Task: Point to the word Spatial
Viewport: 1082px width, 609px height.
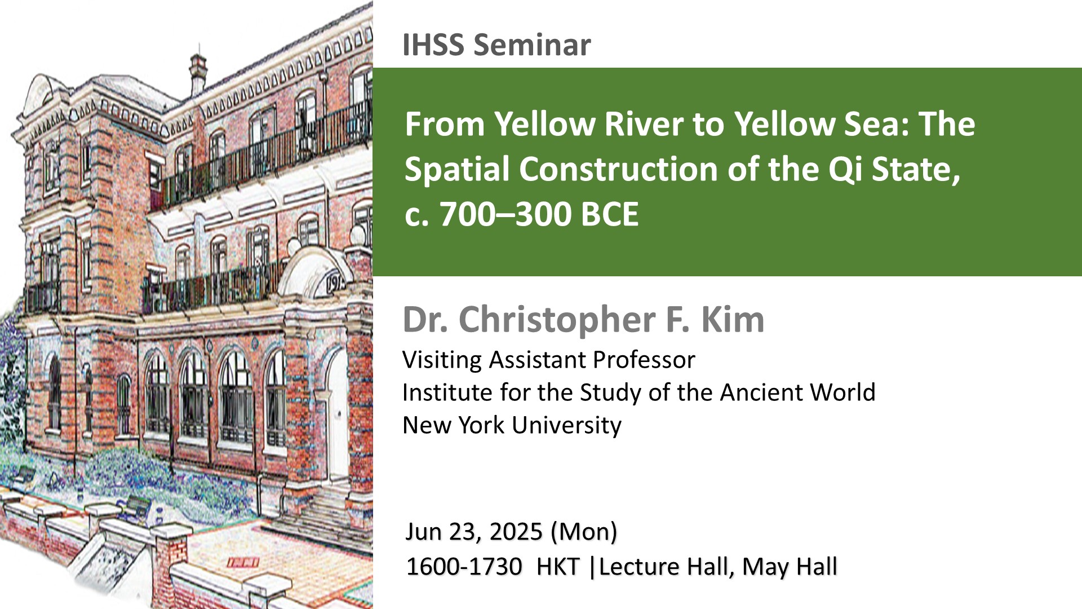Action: coord(457,169)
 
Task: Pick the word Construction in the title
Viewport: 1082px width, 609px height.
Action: coord(618,169)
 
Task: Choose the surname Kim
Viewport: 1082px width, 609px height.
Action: coord(733,320)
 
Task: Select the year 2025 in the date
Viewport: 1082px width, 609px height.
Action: coord(516,532)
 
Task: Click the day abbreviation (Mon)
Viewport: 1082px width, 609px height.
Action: coord(584,532)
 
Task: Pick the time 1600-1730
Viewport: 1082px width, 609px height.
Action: coord(464,567)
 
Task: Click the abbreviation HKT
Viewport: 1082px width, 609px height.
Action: coord(558,567)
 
